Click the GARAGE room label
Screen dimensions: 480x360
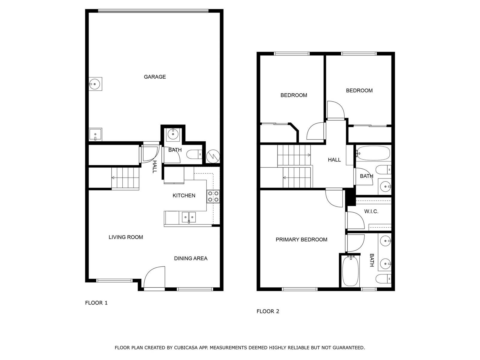(154, 77)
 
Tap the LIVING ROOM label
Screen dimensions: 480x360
(126, 237)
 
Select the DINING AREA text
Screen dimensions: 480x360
(191, 258)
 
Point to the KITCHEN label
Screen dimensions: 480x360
(184, 195)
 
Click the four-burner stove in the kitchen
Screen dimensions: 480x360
(213, 196)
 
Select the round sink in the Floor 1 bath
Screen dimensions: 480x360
(173, 134)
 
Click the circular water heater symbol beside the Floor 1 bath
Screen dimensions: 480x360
(213, 156)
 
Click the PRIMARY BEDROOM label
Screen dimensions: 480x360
(301, 240)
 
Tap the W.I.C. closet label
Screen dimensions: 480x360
(371, 211)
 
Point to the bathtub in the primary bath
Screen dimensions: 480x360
(350, 271)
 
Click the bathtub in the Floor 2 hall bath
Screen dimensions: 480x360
(373, 153)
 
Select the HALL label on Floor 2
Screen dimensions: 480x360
(334, 160)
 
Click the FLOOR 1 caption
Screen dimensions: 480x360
(96, 303)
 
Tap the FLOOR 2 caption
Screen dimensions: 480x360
(268, 311)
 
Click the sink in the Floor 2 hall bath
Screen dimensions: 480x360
(385, 187)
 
